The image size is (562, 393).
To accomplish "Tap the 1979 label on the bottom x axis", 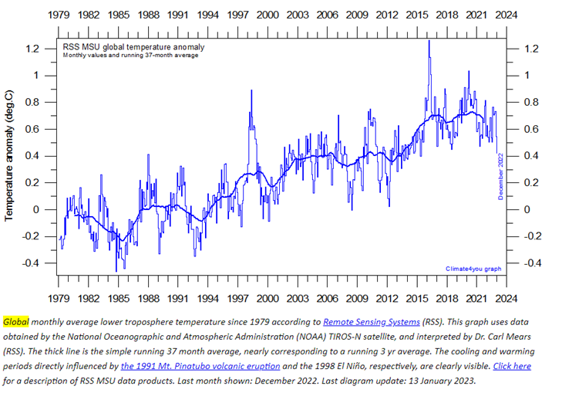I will pyautogui.click(x=59, y=298).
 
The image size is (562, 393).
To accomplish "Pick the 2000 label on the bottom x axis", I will pyautogui.click(x=268, y=298).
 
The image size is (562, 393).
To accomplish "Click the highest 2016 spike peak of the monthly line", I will pyautogui.click(x=429, y=41).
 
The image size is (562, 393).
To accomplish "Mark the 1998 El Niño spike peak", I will pyautogui.click(x=251, y=91).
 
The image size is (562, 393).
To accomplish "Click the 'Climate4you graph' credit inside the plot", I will pyautogui.click(x=473, y=269).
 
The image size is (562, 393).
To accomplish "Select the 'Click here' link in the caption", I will pyautogui.click(x=511, y=365).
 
